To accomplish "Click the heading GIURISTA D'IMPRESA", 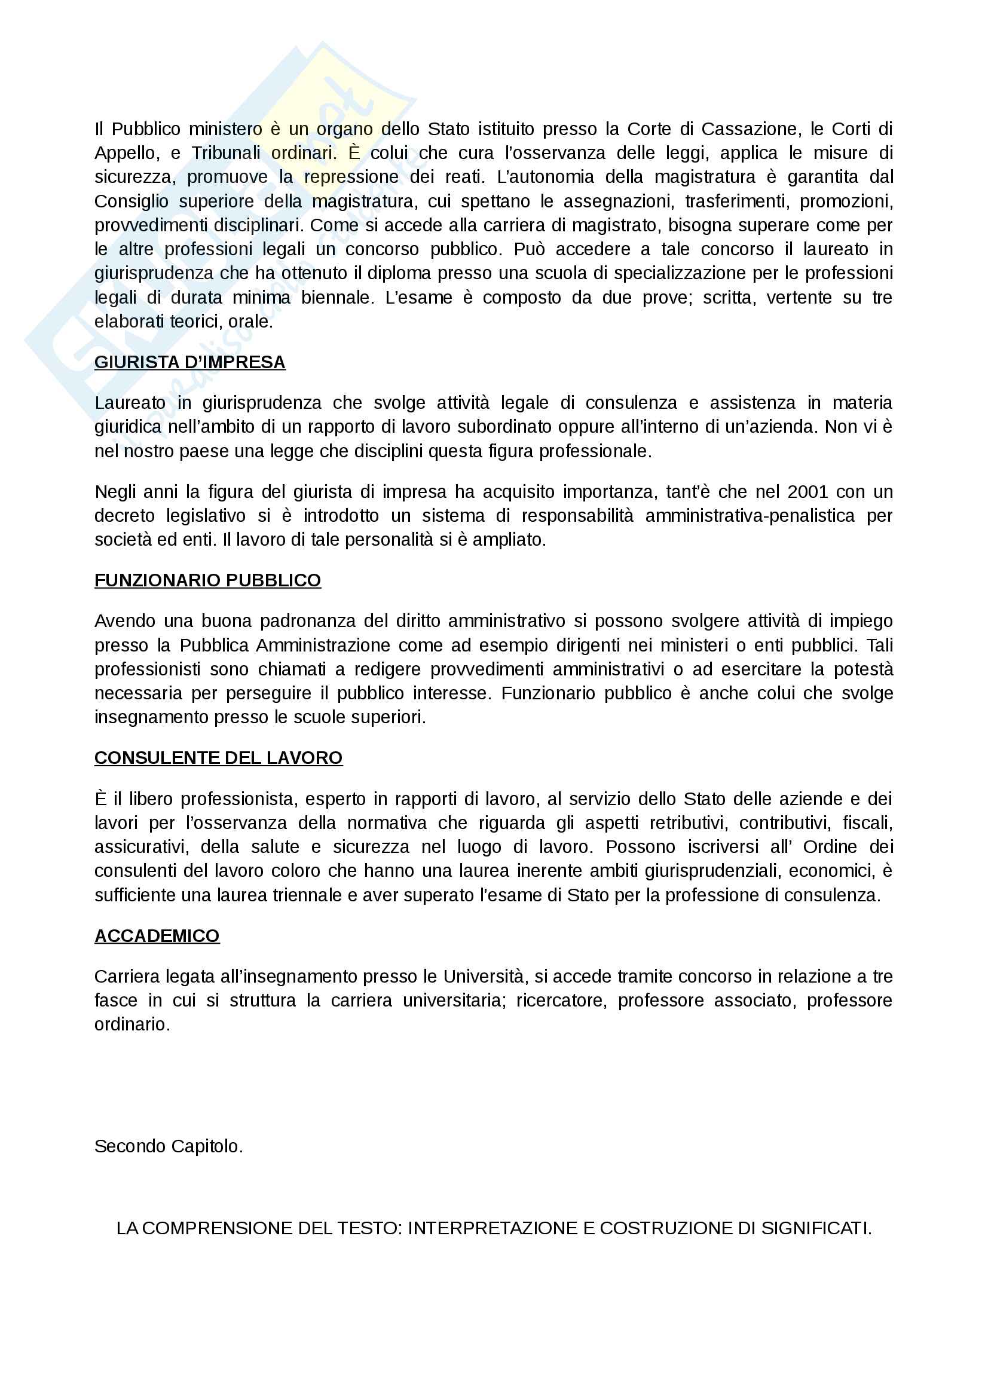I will click(x=189, y=362).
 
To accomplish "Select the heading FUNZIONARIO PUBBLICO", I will click(x=207, y=580).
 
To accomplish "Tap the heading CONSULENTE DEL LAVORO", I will click(x=218, y=758).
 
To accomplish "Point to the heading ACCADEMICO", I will click(x=157, y=936).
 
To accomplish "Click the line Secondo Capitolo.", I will click(x=168, y=1146).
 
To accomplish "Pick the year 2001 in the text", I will click(x=808, y=492).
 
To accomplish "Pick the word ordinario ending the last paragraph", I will click(x=131, y=1025).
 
